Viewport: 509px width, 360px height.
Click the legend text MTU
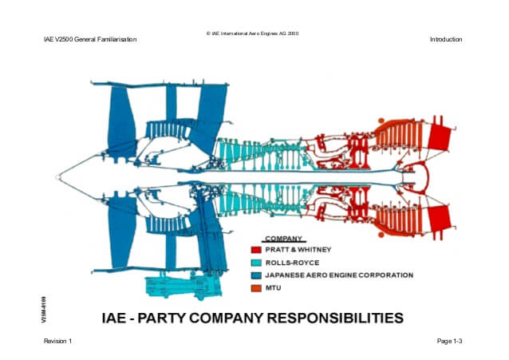[x=274, y=287]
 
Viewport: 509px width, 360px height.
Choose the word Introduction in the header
[x=446, y=39]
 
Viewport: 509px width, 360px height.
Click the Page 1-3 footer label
[x=450, y=341]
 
